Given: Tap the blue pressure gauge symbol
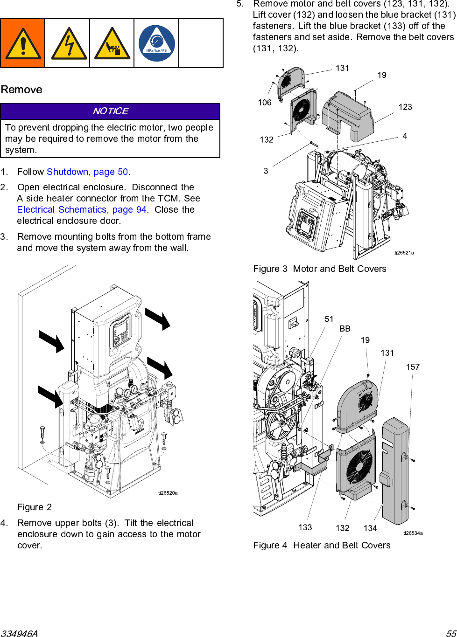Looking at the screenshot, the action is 157,43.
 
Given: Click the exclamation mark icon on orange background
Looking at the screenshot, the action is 23,43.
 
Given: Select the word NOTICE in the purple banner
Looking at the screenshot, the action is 111,111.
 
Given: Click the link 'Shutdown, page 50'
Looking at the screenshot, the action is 87,172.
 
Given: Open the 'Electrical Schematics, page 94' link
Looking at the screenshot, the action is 82,209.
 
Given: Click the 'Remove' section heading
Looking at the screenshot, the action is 21,90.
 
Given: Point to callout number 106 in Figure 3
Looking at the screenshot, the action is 265,103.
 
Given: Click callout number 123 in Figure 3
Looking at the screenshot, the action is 405,107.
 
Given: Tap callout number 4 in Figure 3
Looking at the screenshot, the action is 405,136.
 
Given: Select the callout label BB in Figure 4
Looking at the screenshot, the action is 345,329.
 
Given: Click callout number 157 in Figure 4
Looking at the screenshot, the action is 413,367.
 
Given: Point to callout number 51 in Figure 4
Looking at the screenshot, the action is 329,319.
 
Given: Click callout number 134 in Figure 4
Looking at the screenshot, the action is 370,528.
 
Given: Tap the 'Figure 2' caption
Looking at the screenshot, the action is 35,507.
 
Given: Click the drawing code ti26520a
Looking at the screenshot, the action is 168,493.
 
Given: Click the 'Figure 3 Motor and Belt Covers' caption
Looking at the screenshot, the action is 320,269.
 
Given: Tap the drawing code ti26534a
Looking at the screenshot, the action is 413,533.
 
